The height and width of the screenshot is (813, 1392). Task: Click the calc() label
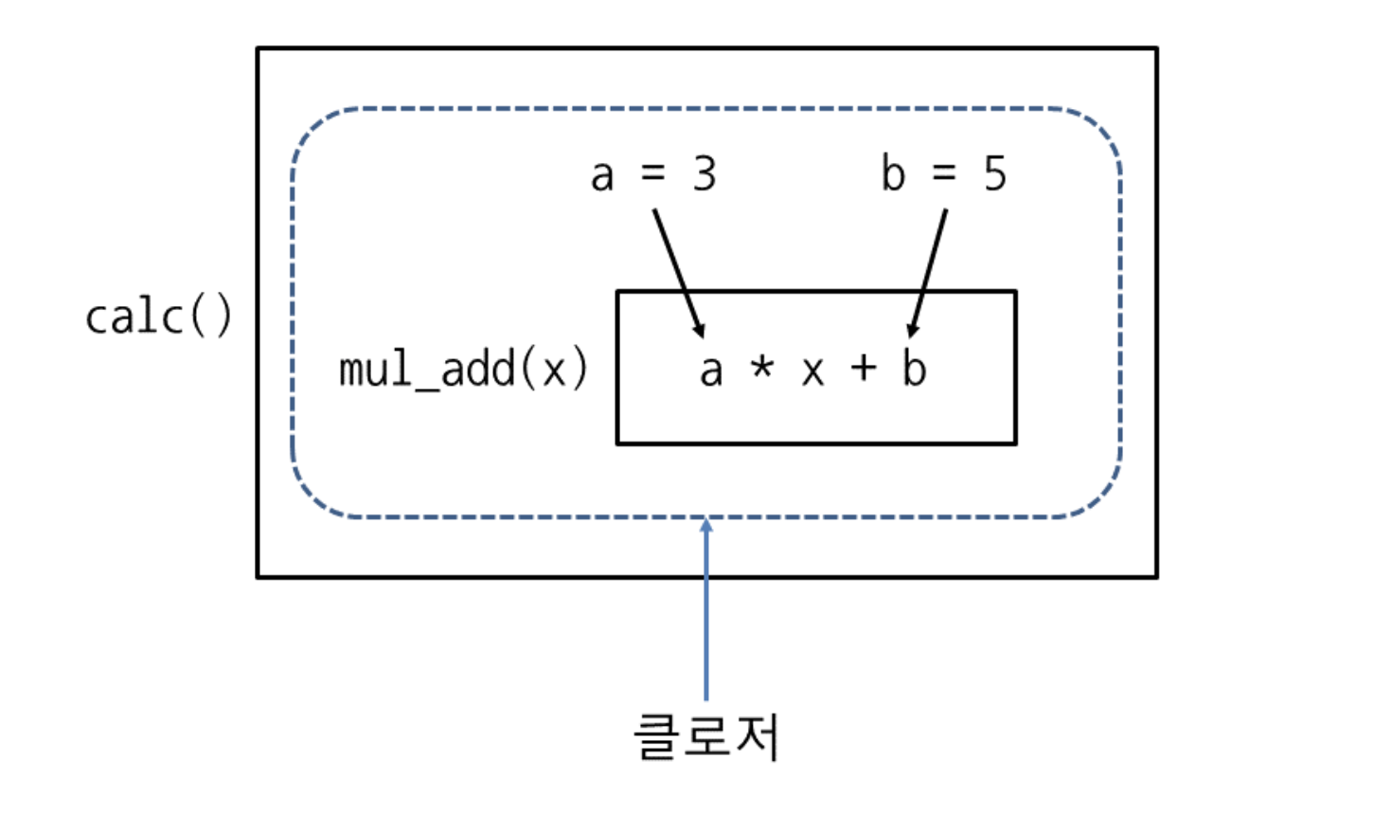[158, 316]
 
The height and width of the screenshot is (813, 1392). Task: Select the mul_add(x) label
[463, 369]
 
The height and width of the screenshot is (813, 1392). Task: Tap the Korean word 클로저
[706, 737]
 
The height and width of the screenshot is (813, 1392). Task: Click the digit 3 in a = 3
[704, 173]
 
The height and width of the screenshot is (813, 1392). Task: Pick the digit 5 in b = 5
[994, 173]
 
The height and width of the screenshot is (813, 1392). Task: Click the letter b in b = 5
[893, 173]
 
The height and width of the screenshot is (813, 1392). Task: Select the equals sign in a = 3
[653, 173]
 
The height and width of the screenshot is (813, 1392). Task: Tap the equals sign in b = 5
[944, 173]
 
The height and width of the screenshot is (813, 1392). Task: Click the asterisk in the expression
[761, 366]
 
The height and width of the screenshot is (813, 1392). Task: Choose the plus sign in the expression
[863, 368]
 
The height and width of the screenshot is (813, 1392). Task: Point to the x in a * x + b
[812, 371]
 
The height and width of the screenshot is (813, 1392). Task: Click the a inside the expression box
[711, 371]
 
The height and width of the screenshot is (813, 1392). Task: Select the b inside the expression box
[914, 368]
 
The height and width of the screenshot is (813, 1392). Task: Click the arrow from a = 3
[678, 273]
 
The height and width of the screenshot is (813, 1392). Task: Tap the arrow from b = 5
[928, 273]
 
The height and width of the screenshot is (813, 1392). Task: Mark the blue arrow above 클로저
[705, 616]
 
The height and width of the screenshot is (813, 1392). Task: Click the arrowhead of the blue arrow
[705, 524]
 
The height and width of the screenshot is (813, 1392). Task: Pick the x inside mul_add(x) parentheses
[553, 371]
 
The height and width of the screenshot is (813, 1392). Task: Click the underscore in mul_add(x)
[426, 386]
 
